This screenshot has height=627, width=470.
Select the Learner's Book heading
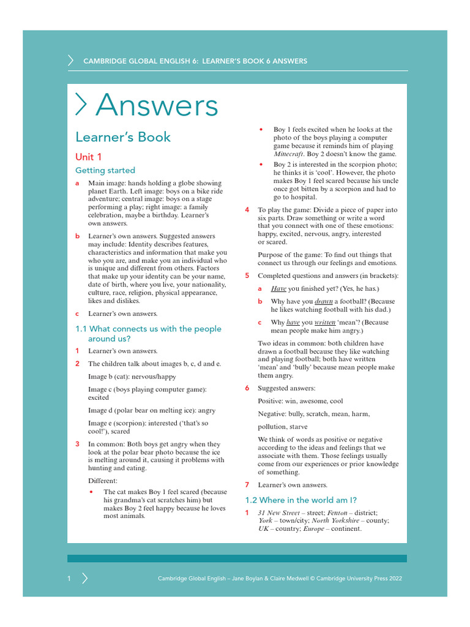click(x=122, y=137)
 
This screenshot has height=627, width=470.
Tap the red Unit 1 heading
click(x=89, y=157)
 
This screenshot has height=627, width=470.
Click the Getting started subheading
click(x=105, y=170)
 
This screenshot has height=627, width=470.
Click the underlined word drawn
click(x=324, y=301)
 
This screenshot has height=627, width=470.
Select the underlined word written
click(x=326, y=322)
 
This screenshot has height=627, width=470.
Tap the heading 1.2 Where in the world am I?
click(x=300, y=500)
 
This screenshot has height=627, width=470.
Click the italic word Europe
click(x=314, y=528)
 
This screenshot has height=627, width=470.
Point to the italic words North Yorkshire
click(x=334, y=520)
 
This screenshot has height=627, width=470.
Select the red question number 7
click(x=247, y=485)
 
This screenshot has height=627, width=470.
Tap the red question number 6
click(x=247, y=388)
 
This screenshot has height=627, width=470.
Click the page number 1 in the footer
click(x=70, y=579)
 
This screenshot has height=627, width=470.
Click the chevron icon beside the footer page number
click(x=84, y=579)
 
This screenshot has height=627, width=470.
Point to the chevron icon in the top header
click(x=70, y=61)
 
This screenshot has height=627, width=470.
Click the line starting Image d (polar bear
click(x=151, y=410)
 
